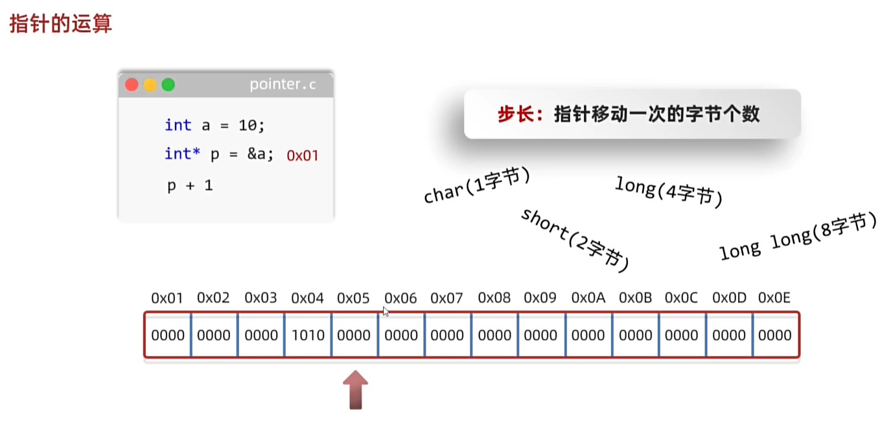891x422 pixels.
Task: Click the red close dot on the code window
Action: (x=132, y=85)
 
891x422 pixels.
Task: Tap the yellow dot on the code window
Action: (x=150, y=85)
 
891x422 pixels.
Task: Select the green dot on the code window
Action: (x=168, y=85)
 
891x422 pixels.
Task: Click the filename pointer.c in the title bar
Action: (x=283, y=85)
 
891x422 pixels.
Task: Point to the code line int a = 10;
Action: (x=215, y=125)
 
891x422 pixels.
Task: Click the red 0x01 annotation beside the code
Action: (x=303, y=156)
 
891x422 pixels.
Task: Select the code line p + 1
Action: (x=190, y=185)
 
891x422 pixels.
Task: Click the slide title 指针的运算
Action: (x=60, y=24)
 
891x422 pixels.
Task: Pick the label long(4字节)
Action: (x=669, y=191)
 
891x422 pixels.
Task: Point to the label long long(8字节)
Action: (x=798, y=237)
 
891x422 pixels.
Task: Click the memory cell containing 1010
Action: (x=308, y=335)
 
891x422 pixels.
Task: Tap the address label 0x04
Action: (x=307, y=298)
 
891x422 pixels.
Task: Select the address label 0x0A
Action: (x=588, y=298)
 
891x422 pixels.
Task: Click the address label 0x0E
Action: (x=774, y=298)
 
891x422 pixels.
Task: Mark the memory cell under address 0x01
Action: (x=168, y=335)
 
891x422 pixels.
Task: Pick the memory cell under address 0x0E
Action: (x=775, y=335)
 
